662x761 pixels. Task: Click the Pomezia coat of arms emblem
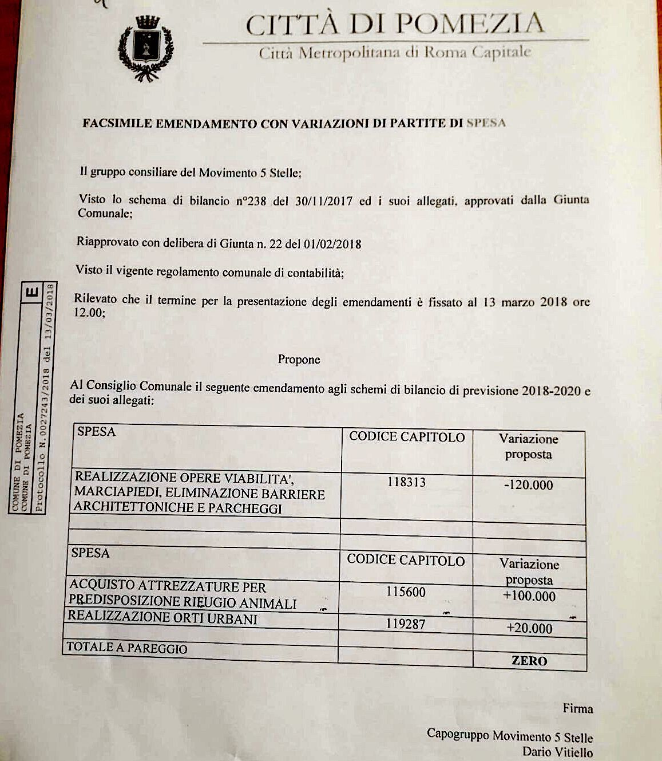[145, 48]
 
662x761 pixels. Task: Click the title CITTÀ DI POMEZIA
[395, 25]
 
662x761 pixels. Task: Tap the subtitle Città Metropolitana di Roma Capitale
[395, 53]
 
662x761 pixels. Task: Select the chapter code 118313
[406, 482]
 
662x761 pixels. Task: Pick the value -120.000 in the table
[529, 485]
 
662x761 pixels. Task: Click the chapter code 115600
[406, 592]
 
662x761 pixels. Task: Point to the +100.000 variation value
[529, 596]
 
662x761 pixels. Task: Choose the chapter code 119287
[406, 624]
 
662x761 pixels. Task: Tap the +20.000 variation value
[529, 628]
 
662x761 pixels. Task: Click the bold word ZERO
[529, 661]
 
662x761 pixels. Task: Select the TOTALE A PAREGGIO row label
[126, 648]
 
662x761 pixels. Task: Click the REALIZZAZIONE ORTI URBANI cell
[162, 617]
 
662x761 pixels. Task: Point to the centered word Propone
[299, 360]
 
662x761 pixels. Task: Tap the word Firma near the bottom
[577, 709]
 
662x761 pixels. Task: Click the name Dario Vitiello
[557, 752]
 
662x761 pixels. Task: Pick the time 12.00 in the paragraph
[89, 313]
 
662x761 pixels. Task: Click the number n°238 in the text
[251, 201]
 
